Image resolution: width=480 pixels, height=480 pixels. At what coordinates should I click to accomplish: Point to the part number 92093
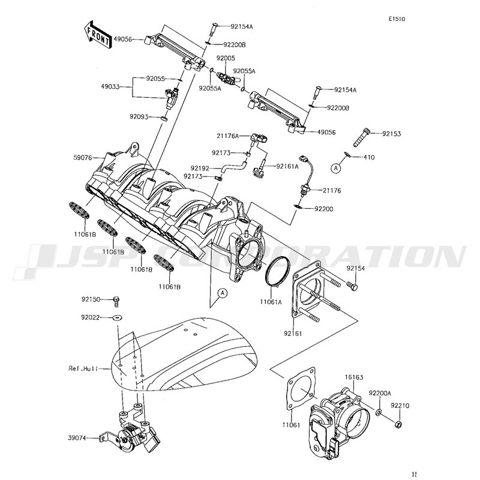coord(141,116)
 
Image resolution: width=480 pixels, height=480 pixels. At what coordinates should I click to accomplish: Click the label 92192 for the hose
coord(200,169)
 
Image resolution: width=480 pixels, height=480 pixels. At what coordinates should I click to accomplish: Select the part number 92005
coord(226,58)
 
